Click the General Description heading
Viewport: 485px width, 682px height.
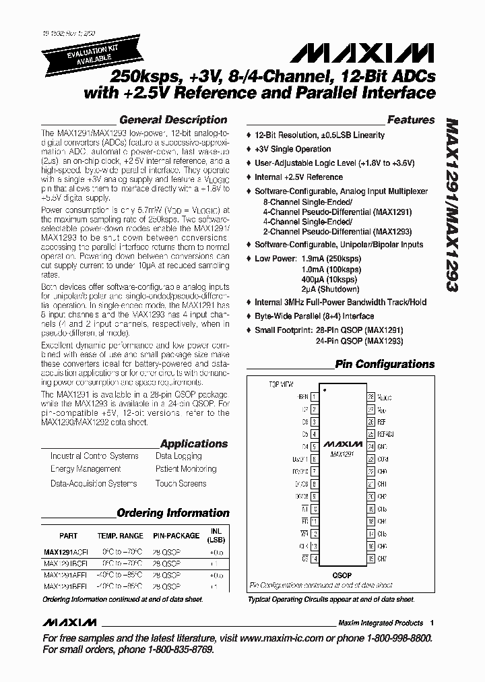click(x=173, y=120)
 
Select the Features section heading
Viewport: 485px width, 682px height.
click(x=411, y=120)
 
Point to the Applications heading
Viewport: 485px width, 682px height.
click(x=194, y=443)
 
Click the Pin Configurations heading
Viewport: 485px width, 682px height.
click(x=385, y=365)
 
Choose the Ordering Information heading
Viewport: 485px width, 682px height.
click(x=173, y=513)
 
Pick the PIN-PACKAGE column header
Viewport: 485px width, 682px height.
click(x=175, y=536)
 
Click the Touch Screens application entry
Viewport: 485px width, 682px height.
click(x=181, y=483)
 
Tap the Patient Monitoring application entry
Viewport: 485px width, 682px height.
click(x=186, y=469)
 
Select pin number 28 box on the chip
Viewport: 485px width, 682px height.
click(x=370, y=397)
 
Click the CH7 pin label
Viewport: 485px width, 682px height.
click(x=383, y=559)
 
